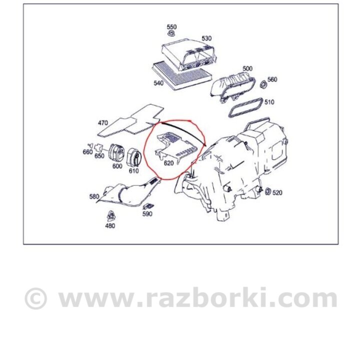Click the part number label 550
(171, 27)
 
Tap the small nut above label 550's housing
(171, 33)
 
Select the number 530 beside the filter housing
(206, 38)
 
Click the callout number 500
(247, 68)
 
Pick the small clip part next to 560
(263, 84)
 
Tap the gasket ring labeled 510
(245, 107)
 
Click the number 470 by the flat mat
(103, 123)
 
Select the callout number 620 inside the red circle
(168, 163)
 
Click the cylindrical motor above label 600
(116, 153)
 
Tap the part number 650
(99, 155)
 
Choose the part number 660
(87, 152)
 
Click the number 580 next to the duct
(94, 196)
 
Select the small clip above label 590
(148, 206)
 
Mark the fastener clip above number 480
(111, 216)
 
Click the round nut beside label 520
(268, 191)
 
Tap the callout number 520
(277, 192)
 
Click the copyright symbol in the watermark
(35, 298)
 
